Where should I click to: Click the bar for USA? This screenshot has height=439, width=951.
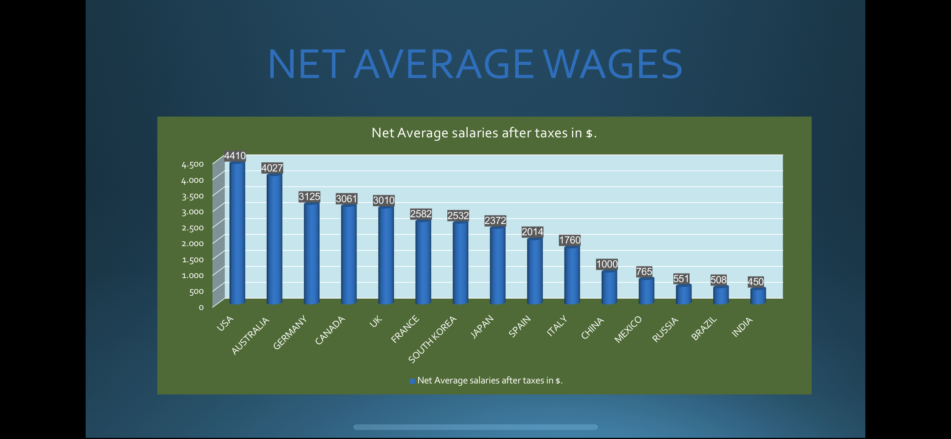237,233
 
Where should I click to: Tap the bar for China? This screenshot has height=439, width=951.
609,287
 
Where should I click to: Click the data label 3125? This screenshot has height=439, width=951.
309,197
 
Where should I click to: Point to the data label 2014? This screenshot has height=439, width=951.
532,232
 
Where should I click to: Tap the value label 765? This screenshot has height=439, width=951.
644,271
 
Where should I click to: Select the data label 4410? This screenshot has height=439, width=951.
235,156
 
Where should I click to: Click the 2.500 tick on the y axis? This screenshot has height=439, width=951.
192,228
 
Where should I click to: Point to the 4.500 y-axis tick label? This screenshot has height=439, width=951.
192,164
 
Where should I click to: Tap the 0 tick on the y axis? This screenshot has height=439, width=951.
201,307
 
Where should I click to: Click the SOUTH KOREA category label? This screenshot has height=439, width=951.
432,339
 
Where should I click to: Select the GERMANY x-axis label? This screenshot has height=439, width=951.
290,332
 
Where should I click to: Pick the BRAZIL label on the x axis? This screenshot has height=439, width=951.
704,328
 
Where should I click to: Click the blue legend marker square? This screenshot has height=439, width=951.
412,381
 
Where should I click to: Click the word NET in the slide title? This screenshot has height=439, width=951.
306,65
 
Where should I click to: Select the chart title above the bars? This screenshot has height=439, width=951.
484,133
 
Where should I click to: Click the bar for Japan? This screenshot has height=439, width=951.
497,265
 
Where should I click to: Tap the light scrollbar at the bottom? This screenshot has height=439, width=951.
475,427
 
